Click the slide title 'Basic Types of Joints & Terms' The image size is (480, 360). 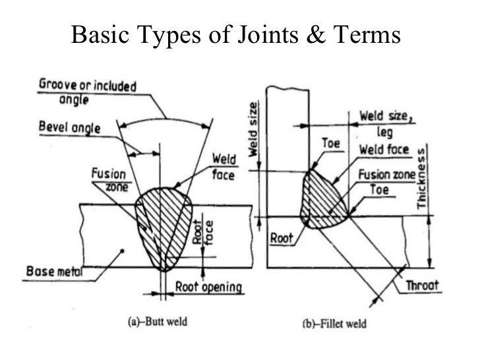point(235,34)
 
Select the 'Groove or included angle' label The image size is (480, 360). point(86,92)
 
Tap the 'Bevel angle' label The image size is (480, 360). point(68,127)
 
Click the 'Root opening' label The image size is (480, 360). point(210,287)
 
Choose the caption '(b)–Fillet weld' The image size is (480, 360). point(331,324)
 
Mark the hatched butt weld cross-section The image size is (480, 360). point(164,224)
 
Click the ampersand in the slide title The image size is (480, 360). point(317,34)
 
